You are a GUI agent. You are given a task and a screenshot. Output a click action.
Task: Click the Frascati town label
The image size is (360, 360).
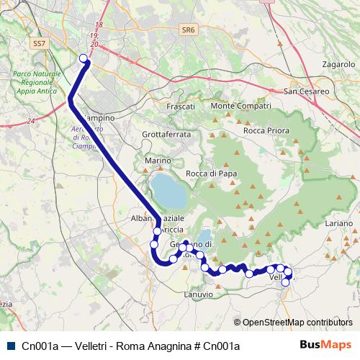tap(181, 106)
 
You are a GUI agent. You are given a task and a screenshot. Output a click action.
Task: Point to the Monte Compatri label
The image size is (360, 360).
tap(240, 106)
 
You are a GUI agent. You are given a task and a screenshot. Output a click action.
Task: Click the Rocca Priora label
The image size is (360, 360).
tap(266, 131)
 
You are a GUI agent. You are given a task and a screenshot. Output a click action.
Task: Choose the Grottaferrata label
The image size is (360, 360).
tap(166, 134)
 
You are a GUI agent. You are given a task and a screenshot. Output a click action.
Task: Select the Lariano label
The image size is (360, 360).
tap(338, 225)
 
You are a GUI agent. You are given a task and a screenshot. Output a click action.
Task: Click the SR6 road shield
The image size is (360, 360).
tap(189, 30)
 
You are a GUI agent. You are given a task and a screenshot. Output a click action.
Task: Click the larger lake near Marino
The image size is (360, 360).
tap(167, 189)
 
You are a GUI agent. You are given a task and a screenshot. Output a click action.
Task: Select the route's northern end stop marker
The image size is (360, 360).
tap(83, 58)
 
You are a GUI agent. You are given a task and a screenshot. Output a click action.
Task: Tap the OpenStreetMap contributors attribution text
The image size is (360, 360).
tap(297, 323)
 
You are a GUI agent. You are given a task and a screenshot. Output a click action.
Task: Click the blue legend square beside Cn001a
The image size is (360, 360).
tap(11, 346)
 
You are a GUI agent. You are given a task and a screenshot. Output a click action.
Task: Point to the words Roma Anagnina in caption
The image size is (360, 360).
tap(156, 346)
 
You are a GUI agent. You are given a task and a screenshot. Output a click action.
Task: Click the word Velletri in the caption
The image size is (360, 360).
tap(91, 346)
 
